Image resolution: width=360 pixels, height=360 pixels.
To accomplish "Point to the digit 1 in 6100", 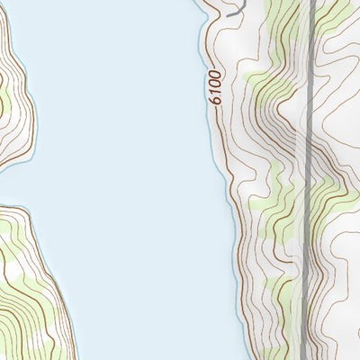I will [213, 90].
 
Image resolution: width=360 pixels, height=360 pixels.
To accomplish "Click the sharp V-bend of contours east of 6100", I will [270, 108].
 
